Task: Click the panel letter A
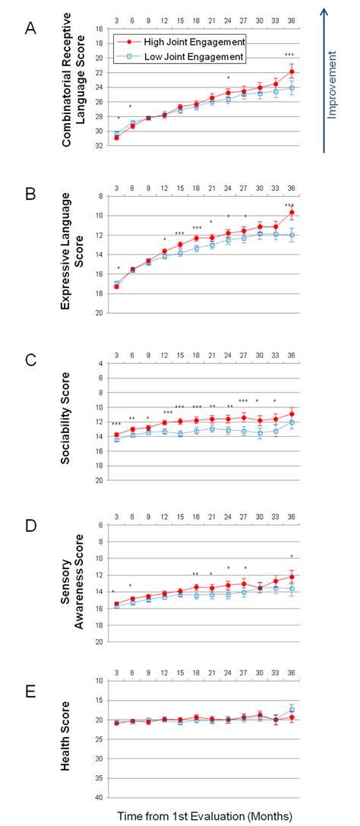pyautogui.click(x=30, y=28)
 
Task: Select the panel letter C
pyautogui.click(x=30, y=362)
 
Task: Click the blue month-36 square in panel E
pyautogui.click(x=292, y=709)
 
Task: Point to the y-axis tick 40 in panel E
pyautogui.click(x=99, y=798)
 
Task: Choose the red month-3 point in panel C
pyautogui.click(x=116, y=435)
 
